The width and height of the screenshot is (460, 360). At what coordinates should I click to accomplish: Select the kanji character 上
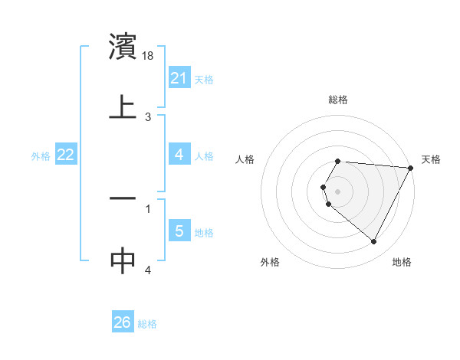coord(123,106)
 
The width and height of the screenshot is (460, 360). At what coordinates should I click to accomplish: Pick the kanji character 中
coord(123,260)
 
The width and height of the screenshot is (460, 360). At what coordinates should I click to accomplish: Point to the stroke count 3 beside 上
coord(148,117)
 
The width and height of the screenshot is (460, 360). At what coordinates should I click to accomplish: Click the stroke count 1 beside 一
coord(148,208)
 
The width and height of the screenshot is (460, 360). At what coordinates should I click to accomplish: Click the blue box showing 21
coord(179,77)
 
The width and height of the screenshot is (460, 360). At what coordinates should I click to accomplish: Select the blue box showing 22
coord(66,155)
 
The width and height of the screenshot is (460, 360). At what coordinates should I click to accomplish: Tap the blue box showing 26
coord(123,322)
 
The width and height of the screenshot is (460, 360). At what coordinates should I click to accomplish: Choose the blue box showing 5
coord(179,231)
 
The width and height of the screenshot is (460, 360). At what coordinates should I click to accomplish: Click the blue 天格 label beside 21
coord(204,79)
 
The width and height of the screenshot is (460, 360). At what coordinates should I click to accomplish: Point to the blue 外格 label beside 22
coord(41,156)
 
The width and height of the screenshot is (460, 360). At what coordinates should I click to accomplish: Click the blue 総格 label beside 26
coord(147,324)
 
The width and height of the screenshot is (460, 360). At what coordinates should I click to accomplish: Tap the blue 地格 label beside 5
coord(204,232)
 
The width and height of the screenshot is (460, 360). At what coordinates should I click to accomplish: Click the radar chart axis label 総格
coord(338,100)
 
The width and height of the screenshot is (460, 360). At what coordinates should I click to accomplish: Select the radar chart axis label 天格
coord(431,159)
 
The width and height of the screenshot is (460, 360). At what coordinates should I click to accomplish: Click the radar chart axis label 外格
coord(270,263)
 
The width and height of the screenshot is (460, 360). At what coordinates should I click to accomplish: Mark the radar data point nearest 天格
coord(410,168)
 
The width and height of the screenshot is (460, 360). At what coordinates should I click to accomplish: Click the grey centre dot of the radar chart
coord(338,191)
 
